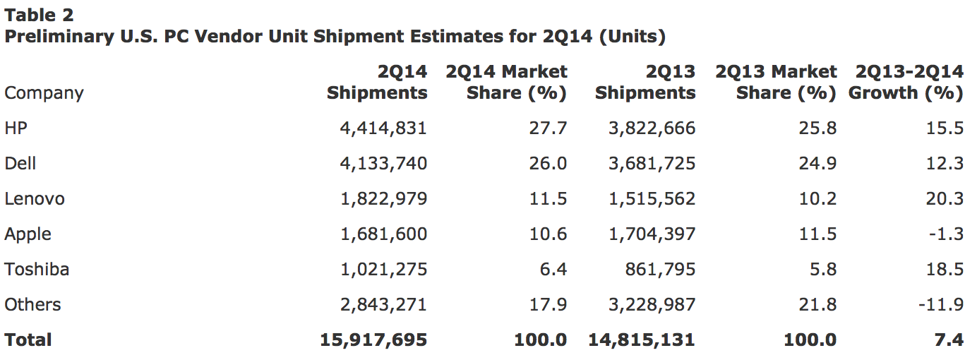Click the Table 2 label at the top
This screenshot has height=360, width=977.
pyautogui.click(x=39, y=14)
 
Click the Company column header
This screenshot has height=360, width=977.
pyautogui.click(x=44, y=93)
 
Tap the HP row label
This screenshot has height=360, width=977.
pyautogui.click(x=16, y=128)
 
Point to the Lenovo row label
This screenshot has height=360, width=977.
pyautogui.click(x=35, y=198)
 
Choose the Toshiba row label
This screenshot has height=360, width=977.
pyautogui.click(x=37, y=269)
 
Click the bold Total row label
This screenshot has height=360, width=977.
pyautogui.click(x=28, y=340)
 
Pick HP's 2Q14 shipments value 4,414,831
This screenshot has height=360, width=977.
pyautogui.click(x=383, y=128)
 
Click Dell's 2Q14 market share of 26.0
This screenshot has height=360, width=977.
pyautogui.click(x=548, y=163)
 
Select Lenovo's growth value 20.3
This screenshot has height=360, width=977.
pyautogui.click(x=945, y=198)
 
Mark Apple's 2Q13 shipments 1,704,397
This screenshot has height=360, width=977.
pyautogui.click(x=652, y=234)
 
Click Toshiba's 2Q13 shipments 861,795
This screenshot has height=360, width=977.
pyautogui.click(x=660, y=269)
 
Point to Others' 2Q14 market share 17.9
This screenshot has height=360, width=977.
pyautogui.click(x=548, y=304)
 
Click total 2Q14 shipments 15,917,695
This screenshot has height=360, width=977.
pyautogui.click(x=373, y=340)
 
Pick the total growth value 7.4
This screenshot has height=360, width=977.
pyautogui.click(x=950, y=340)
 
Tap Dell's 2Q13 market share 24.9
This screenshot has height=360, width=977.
pyautogui.click(x=817, y=163)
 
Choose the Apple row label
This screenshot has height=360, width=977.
pyautogui.click(x=28, y=234)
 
